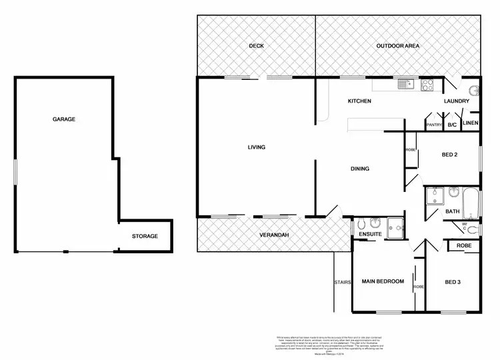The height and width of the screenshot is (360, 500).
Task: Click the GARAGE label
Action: pyautogui.click(x=64, y=119)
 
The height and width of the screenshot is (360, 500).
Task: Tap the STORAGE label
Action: pyautogui.click(x=144, y=236)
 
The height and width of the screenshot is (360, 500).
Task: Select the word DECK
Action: pyautogui.click(x=257, y=46)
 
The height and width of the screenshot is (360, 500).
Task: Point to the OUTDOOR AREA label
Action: pyautogui.click(x=397, y=46)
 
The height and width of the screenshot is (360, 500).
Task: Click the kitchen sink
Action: pyautogui.click(x=404, y=85)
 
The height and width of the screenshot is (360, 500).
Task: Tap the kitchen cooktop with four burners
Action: pyautogui.click(x=427, y=85)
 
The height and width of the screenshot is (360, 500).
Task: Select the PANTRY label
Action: pyautogui.click(x=434, y=125)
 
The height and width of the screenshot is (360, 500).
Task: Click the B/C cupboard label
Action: pyautogui.click(x=452, y=125)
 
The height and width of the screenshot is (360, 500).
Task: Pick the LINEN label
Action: pyautogui.click(x=470, y=123)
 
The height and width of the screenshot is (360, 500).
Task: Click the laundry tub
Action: pyautogui.click(x=473, y=91)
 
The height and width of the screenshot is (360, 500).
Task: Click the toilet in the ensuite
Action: pyautogui.click(x=361, y=224)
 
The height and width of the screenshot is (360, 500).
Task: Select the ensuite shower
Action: pyautogui.click(x=395, y=226)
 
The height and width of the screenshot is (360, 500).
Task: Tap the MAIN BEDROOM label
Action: pyautogui.click(x=383, y=281)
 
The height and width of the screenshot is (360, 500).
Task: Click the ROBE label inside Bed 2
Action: pyautogui.click(x=410, y=150)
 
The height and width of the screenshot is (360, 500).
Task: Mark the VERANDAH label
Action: pyautogui.click(x=274, y=235)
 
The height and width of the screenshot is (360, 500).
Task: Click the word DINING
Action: pyautogui.click(x=360, y=169)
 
